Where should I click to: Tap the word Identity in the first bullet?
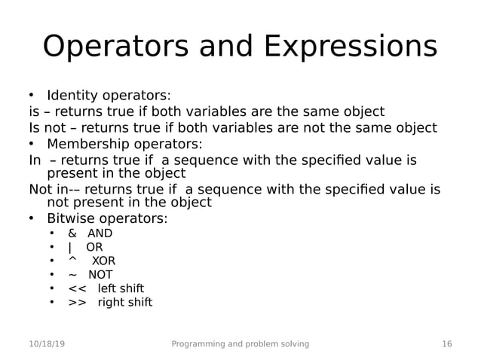click(71, 96)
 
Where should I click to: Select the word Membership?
click(87, 144)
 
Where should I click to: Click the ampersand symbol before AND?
click(72, 233)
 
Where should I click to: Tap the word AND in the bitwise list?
click(100, 233)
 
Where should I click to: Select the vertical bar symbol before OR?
click(70, 247)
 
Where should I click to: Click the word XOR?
click(103, 261)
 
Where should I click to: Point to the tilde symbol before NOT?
click(72, 275)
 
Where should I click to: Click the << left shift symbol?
click(77, 289)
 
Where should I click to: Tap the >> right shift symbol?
click(77, 303)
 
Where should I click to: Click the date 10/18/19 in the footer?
click(47, 344)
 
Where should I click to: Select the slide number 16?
click(446, 344)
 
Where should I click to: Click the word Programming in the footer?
click(198, 344)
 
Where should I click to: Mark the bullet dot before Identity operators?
click(32, 96)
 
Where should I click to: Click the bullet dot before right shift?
click(52, 303)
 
